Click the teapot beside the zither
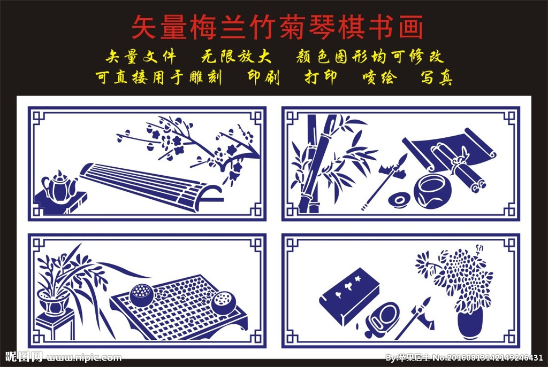(x=59, y=186)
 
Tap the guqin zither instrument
(x=150, y=186)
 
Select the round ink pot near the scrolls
(x=432, y=191)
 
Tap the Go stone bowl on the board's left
(x=141, y=295)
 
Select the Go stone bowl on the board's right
(x=224, y=303)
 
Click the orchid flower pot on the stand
(x=54, y=302)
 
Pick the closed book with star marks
(x=349, y=296)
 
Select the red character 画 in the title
(x=410, y=27)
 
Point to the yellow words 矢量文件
(x=141, y=57)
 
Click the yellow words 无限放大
(x=236, y=57)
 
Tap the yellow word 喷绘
(x=379, y=77)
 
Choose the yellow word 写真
(x=437, y=77)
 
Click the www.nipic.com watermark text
(x=84, y=357)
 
